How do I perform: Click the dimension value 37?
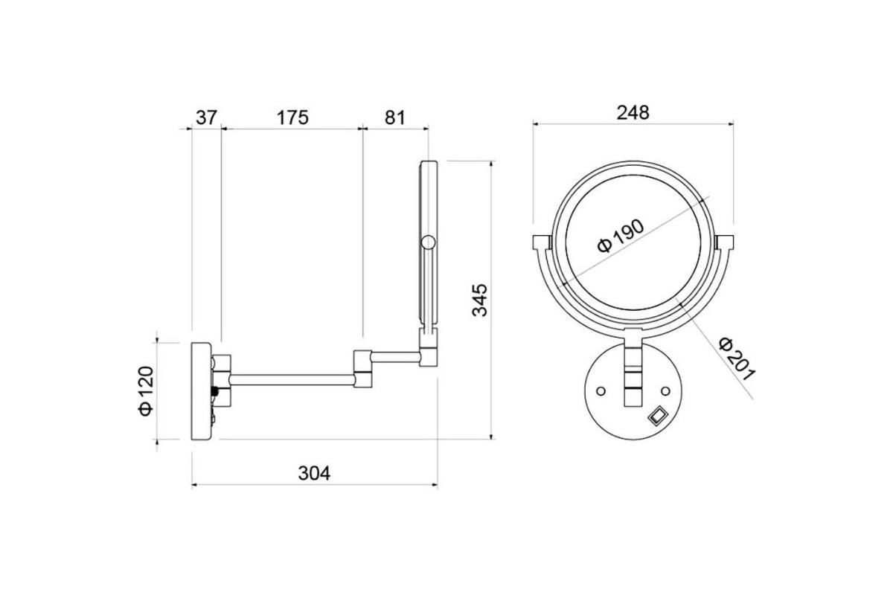pos(206,118)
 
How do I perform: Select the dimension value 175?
pos(292,118)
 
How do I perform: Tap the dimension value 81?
pos(394,118)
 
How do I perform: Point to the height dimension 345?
pos(479,300)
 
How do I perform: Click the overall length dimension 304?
pos(314,473)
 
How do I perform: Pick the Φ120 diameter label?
pos(146,391)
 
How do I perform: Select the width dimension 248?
pos(633,112)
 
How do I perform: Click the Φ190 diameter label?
pos(621,236)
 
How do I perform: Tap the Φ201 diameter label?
pos(737,359)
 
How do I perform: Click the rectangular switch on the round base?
pos(657,415)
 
